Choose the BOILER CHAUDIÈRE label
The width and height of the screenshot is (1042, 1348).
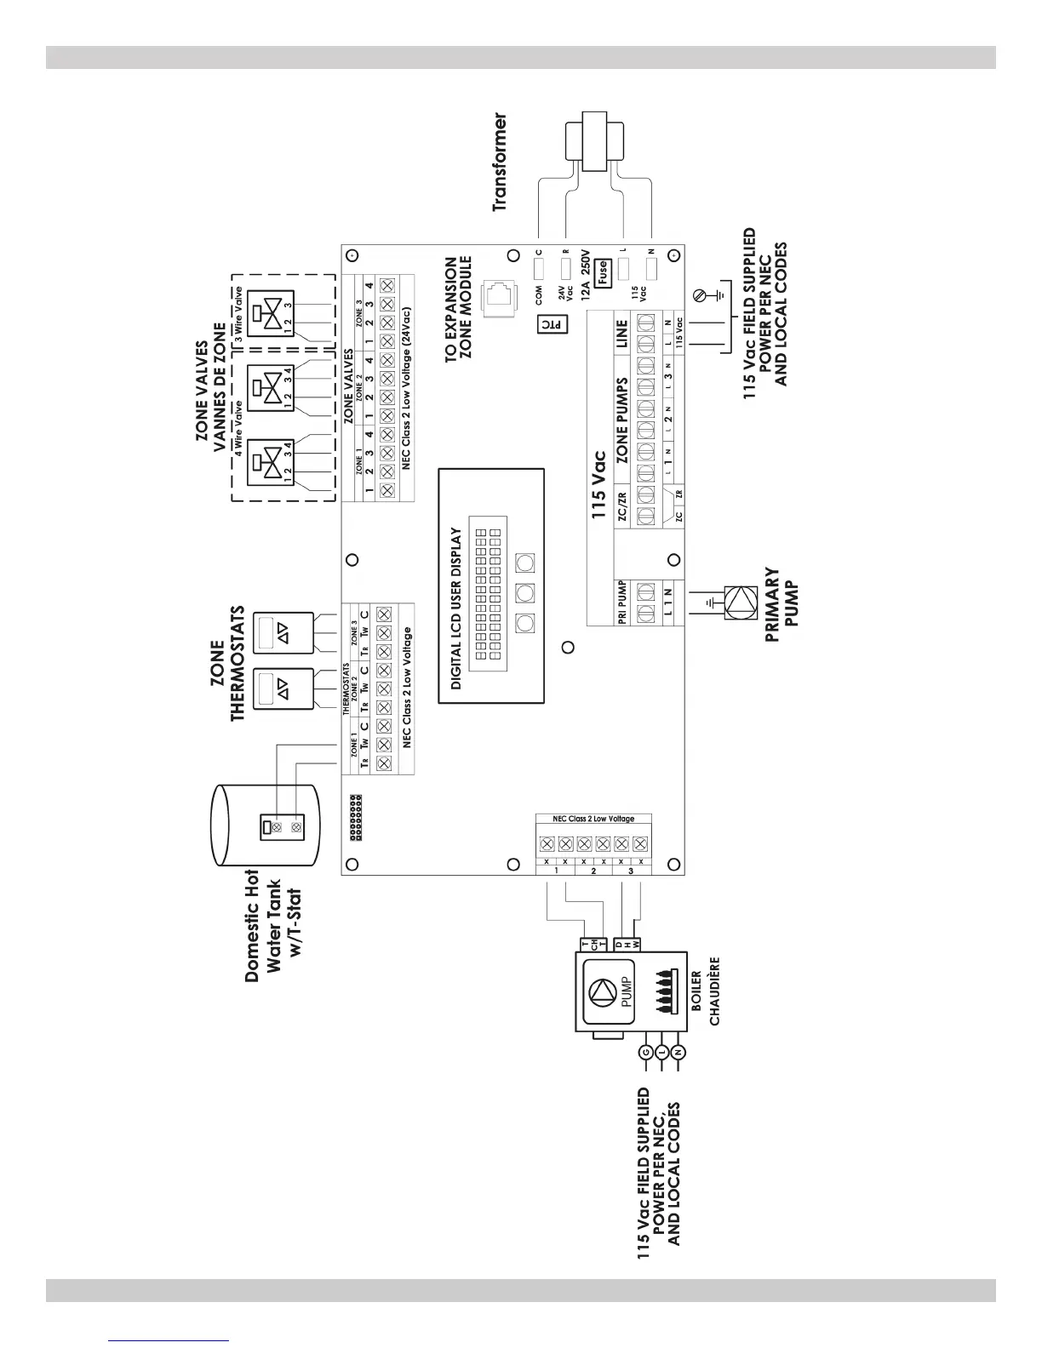point(706,991)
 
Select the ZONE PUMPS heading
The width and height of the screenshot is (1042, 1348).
point(621,420)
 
